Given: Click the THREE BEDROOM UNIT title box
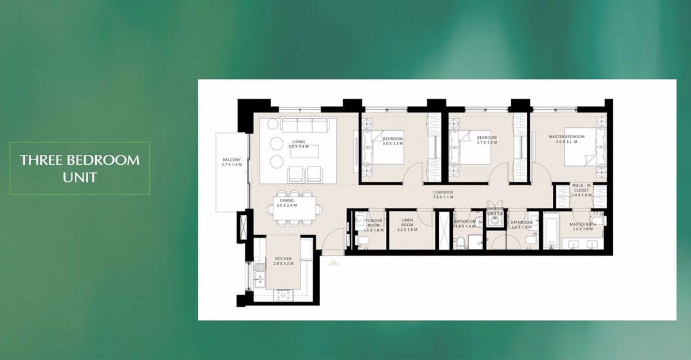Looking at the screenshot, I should (x=79, y=168).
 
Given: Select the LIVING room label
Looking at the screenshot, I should (x=298, y=144).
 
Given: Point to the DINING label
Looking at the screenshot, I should (x=287, y=203).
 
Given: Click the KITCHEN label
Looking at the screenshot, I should (x=283, y=261).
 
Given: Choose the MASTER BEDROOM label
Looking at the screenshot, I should (x=566, y=139).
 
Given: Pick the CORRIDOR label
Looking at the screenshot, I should (x=444, y=195).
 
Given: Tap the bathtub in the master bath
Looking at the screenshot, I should (x=550, y=232).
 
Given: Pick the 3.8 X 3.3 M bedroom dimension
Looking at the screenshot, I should (x=393, y=143).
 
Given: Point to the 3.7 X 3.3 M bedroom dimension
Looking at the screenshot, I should (x=487, y=142).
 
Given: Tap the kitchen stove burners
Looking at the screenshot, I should (x=283, y=294).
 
